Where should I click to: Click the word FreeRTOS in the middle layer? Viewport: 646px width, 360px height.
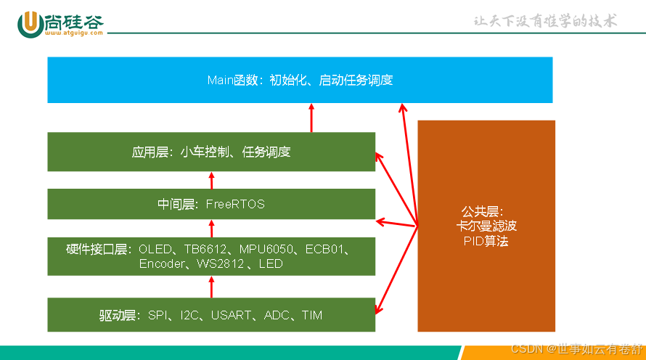(235, 205)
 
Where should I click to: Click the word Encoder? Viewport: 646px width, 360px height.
(163, 264)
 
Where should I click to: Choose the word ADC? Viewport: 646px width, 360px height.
(277, 315)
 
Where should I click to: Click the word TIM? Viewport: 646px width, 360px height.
(312, 315)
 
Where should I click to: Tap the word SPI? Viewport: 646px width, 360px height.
(158, 315)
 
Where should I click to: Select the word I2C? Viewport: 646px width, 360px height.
(189, 315)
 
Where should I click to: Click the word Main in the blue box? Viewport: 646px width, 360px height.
(220, 80)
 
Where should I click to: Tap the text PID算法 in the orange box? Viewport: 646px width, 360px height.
(486, 241)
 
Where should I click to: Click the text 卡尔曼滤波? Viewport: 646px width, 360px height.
(486, 226)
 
